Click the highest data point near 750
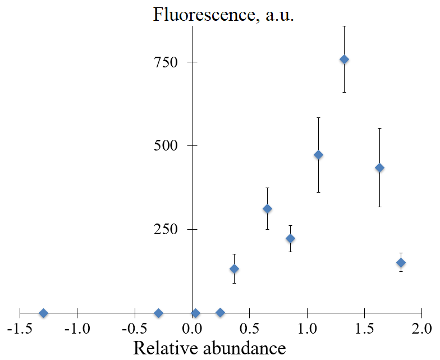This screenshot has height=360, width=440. tap(344, 60)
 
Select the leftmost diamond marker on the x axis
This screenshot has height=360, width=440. tap(43, 313)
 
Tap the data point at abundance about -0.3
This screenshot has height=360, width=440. tap(158, 313)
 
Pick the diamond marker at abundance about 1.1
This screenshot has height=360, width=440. tap(318, 154)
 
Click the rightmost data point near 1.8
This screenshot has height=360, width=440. tap(401, 262)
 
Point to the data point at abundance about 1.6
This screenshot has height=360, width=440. tap(379, 167)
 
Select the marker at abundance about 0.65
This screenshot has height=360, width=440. tap(267, 209)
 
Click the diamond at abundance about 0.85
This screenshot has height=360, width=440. tap(290, 238)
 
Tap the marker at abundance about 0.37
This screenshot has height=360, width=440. tap(234, 268)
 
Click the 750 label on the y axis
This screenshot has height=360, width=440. tap(166, 62)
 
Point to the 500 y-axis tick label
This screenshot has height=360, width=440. tap(166, 145)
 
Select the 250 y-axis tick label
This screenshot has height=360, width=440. tap(166, 229)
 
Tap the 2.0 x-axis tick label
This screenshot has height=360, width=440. tap(421, 328)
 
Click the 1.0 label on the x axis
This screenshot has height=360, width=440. tap(306, 328)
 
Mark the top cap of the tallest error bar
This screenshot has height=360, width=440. tap(344, 26)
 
